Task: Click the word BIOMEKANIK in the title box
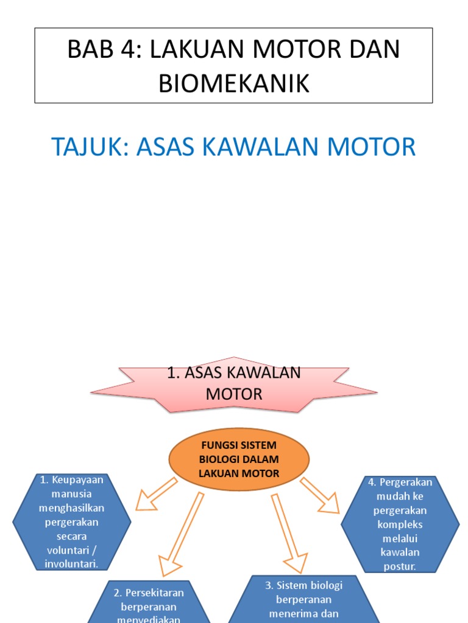coord(234,83)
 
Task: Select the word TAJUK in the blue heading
coord(87,147)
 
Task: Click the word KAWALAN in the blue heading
coord(280,147)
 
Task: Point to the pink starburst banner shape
coord(234,384)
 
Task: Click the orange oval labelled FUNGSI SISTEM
coord(239,460)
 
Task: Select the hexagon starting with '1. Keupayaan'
coord(71,522)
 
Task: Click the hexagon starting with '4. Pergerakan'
coord(400,524)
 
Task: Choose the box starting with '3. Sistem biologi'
coord(303,599)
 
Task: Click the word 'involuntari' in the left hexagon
coord(71,564)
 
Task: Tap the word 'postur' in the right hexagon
coord(400,567)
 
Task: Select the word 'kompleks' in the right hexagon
coord(400,524)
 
